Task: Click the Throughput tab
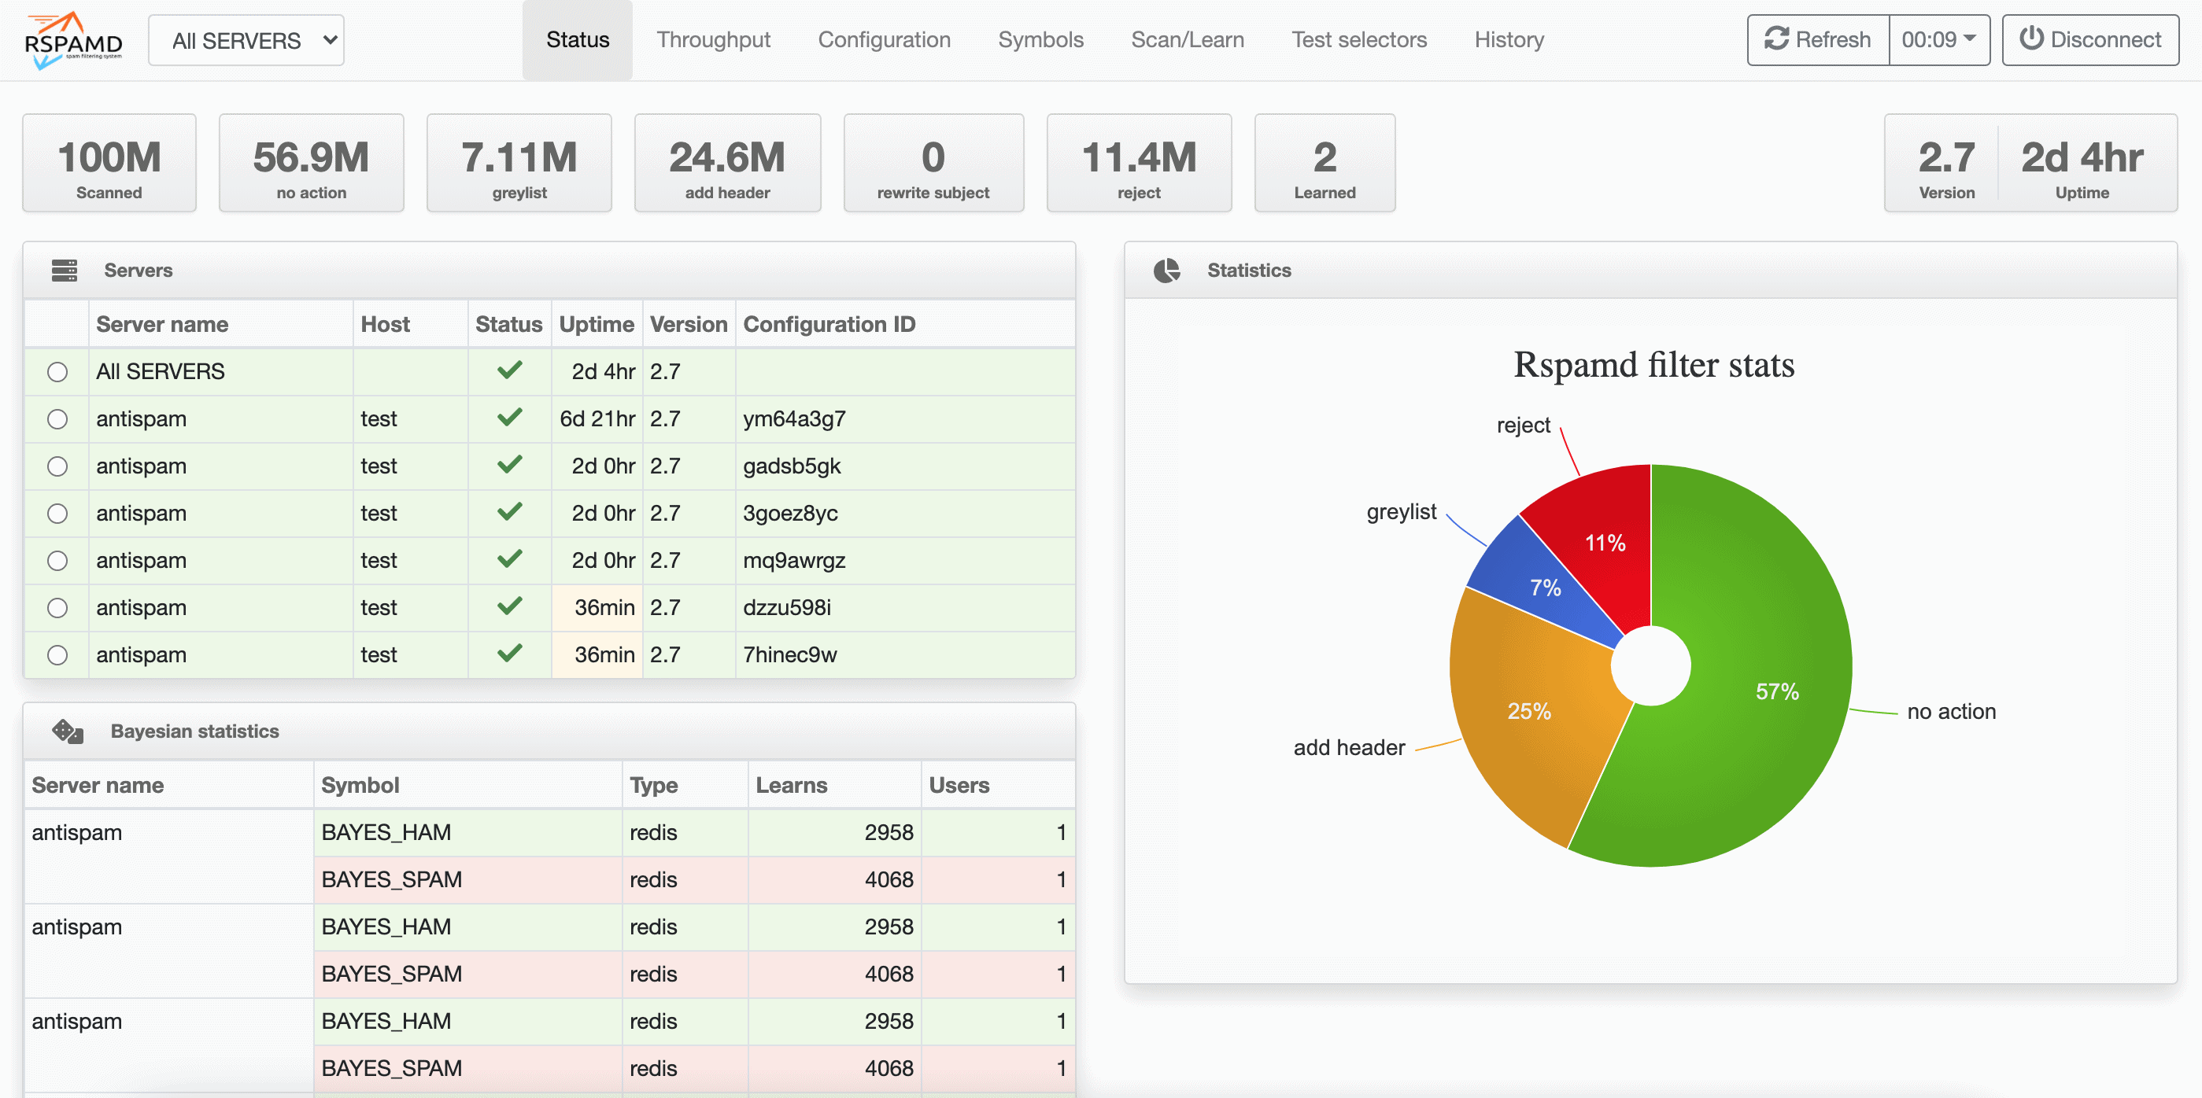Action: tap(713, 40)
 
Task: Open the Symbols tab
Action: tap(1040, 40)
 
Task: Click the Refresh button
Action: tap(1817, 40)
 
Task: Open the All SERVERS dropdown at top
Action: tap(246, 40)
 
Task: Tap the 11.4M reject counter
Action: tap(1139, 163)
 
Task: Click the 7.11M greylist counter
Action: tap(519, 163)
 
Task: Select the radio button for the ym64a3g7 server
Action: tap(57, 419)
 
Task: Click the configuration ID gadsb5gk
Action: tap(792, 466)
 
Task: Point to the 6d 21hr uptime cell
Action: tap(597, 419)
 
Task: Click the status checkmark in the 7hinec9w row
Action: tap(509, 654)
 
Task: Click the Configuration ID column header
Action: tap(829, 325)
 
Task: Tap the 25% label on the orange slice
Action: tap(1528, 711)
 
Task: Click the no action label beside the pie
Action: tap(1951, 712)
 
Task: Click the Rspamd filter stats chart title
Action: tap(1653, 366)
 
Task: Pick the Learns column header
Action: tap(791, 785)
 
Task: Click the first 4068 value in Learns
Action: tap(889, 880)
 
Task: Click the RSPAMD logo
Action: tap(72, 41)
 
